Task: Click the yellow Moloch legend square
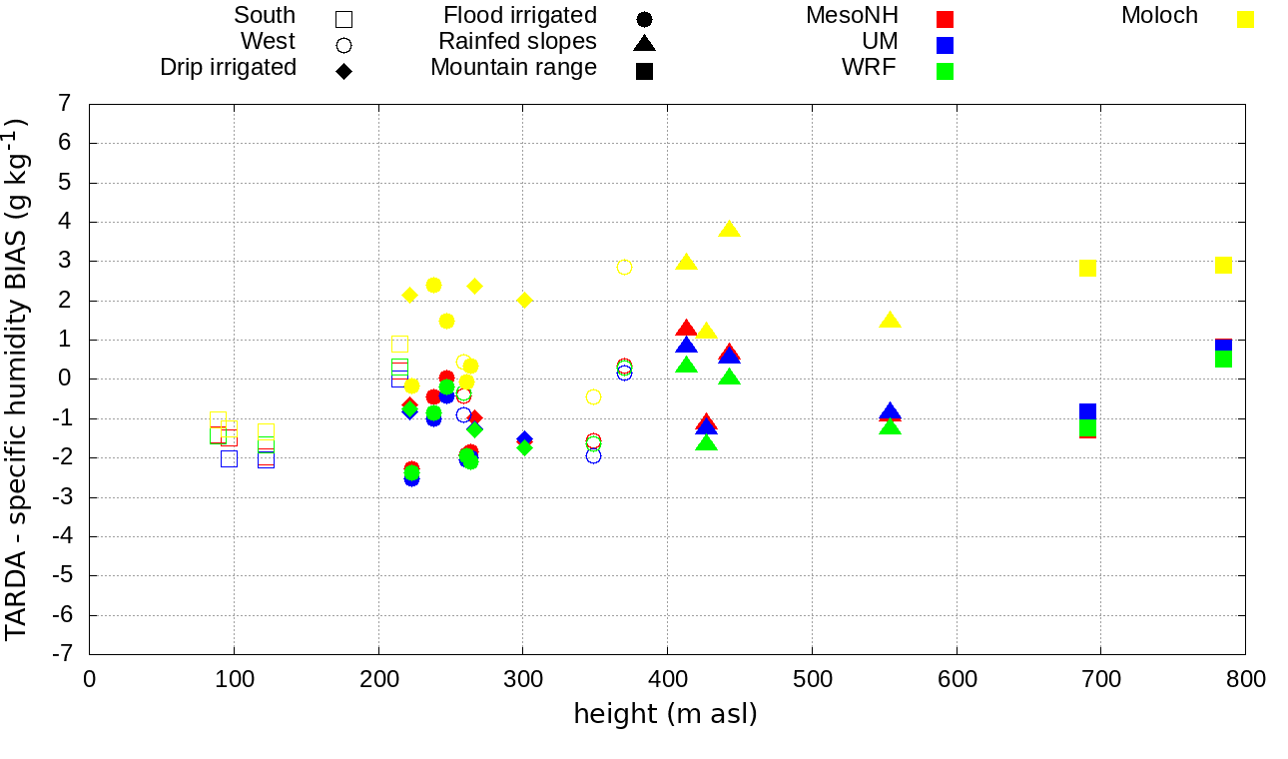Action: click(1245, 19)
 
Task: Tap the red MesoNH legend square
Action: click(945, 19)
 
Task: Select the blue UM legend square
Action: click(945, 45)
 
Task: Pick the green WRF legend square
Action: click(945, 71)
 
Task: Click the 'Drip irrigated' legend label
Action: click(228, 67)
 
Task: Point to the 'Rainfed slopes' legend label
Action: click(517, 41)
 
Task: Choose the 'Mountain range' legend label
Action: click(513, 67)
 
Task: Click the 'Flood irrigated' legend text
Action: click(520, 15)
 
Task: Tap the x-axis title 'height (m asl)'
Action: click(665, 714)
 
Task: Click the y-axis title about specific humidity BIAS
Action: click(16, 379)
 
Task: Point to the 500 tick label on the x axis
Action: click(812, 680)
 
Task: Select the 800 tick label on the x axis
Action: click(1245, 680)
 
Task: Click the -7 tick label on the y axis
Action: click(64, 654)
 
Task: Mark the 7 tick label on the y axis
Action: click(65, 104)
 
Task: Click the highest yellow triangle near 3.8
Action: click(729, 229)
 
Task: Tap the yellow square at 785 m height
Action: click(1223, 265)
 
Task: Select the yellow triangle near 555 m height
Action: click(890, 320)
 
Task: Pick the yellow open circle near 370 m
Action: click(624, 267)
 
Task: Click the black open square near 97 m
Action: click(229, 458)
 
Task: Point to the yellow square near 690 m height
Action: click(1087, 268)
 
